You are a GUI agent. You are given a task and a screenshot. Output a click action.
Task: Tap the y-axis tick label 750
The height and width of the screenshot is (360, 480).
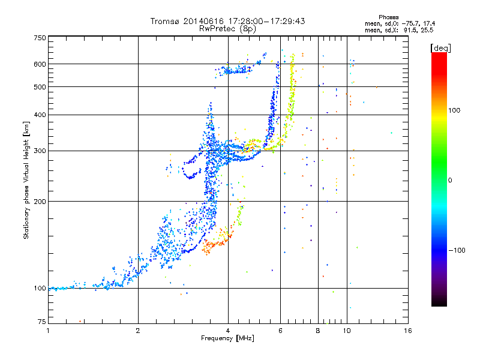[40, 37]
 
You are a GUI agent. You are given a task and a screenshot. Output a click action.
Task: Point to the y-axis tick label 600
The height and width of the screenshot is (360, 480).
[40, 64]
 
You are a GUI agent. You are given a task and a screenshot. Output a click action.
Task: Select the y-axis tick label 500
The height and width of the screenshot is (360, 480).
[40, 87]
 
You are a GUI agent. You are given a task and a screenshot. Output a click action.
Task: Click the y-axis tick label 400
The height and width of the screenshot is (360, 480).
[40, 115]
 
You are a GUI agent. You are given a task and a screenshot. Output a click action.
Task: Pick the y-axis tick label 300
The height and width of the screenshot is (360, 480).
[40, 151]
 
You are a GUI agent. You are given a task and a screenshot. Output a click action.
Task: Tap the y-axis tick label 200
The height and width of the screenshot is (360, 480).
[40, 202]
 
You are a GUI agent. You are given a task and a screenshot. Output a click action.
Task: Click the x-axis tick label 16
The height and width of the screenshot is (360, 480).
[407, 330]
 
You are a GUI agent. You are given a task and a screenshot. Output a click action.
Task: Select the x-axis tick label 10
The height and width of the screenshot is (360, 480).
[347, 330]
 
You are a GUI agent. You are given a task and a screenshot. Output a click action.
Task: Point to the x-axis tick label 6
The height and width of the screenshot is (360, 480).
[280, 330]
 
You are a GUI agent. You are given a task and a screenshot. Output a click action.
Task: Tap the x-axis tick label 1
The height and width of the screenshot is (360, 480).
[49, 330]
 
